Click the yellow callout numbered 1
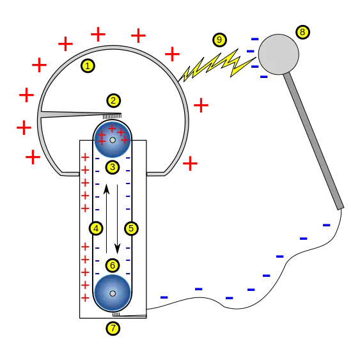coord(88,65)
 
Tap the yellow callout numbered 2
coord(114,100)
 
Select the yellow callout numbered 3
coord(113,168)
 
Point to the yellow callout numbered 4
coord(96,228)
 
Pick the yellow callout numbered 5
coord(131,228)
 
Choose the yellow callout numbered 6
coord(113,265)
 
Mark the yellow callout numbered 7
coord(113,329)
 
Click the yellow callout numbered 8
coord(302,31)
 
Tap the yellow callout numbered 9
coord(219,40)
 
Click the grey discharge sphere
coord(278,54)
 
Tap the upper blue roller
coord(113,139)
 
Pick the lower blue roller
coord(113,293)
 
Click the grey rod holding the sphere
coord(313,141)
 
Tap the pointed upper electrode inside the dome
coord(70,115)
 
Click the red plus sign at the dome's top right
coord(173,54)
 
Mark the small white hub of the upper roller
coord(113,139)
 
